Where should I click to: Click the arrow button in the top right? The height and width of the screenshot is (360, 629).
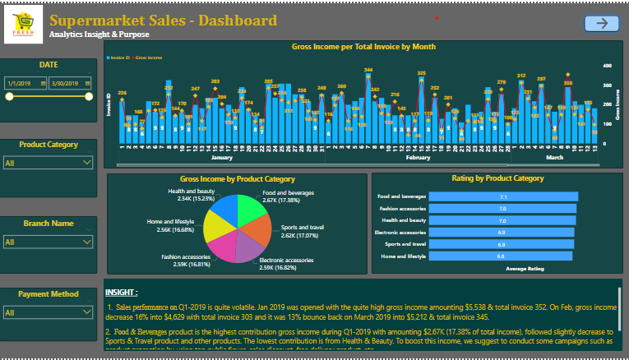(601, 24)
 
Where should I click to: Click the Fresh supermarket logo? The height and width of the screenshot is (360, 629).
(24, 25)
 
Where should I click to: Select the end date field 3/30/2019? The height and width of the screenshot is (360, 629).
(69, 83)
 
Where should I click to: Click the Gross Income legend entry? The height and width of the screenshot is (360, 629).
(148, 58)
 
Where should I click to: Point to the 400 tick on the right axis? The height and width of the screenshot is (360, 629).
(607, 65)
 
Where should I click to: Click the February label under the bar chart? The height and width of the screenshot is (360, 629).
(419, 156)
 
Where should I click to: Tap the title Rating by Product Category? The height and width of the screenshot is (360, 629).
(497, 178)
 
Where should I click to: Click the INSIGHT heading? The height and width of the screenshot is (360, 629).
(121, 292)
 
